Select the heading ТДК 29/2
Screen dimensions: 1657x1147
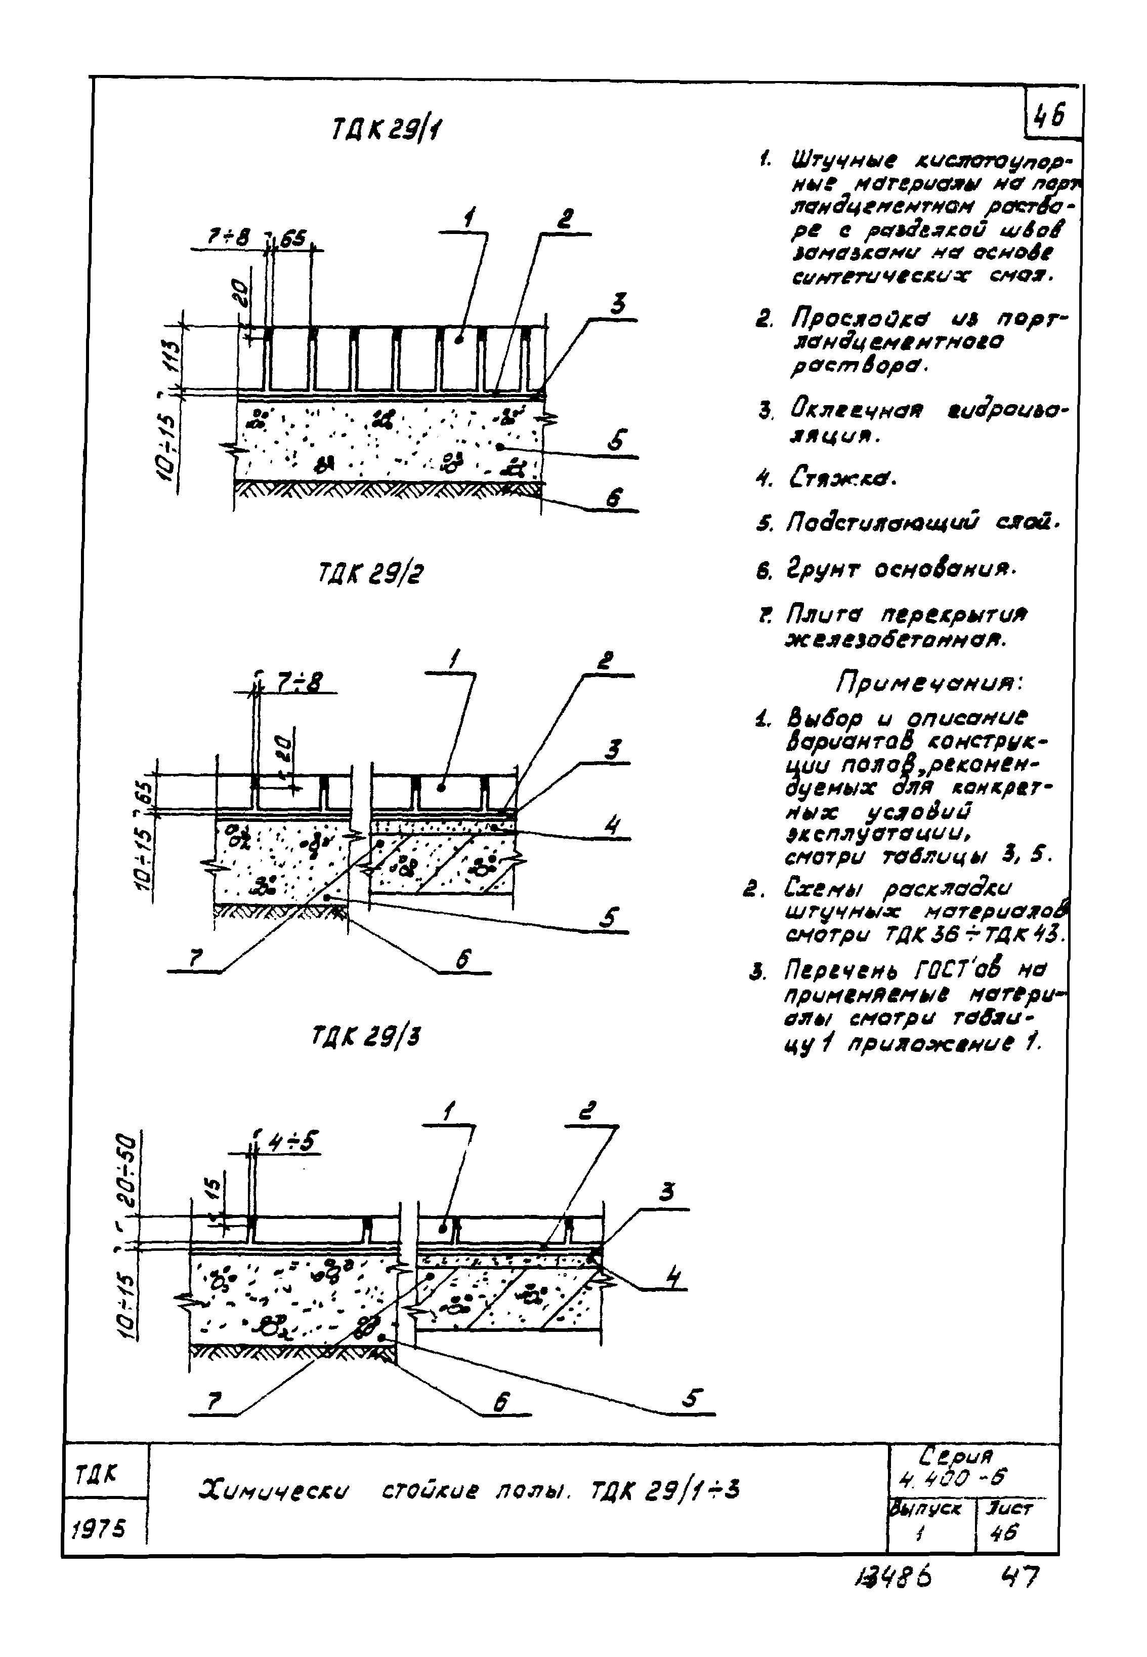(x=371, y=574)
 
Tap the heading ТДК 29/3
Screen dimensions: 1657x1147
(x=366, y=1037)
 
